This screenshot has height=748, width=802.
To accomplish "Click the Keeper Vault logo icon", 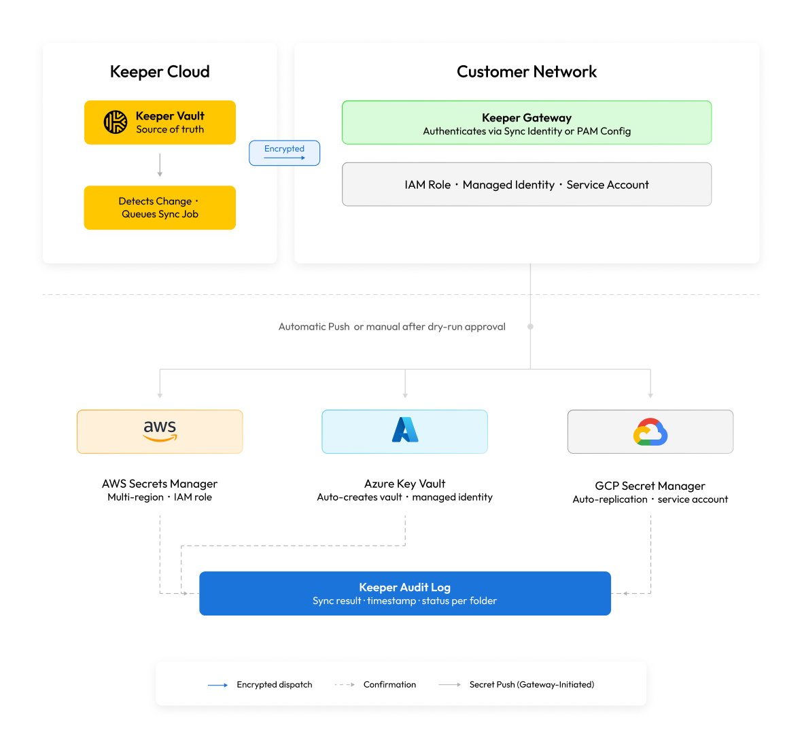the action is tap(116, 122).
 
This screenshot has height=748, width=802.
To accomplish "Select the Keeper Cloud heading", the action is tap(160, 71).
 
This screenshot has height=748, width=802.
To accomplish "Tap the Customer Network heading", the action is tap(527, 71).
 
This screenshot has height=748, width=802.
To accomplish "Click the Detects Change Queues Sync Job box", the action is tap(160, 208).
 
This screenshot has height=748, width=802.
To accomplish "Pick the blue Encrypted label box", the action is tap(284, 153).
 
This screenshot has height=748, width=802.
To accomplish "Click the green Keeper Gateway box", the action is tap(527, 123).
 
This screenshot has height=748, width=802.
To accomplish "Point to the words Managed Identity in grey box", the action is tap(508, 185).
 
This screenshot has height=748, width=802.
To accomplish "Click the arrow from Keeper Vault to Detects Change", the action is tap(160, 164).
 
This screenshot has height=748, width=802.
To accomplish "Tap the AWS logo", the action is tap(160, 431).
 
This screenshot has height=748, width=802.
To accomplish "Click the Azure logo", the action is tap(405, 429).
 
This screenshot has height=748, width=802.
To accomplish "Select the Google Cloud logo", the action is tap(650, 432).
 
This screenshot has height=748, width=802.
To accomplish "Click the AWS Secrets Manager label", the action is tap(160, 484).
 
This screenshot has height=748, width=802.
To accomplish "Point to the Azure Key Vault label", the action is tap(404, 484).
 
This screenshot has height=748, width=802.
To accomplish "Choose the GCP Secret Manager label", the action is tap(650, 486).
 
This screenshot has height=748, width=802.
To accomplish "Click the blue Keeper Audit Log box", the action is tap(405, 593).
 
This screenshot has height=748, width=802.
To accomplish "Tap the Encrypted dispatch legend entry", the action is tap(260, 685).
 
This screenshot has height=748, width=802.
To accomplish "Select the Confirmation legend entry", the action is tap(375, 685).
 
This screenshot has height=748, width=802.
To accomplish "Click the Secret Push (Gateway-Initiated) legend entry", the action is tap(517, 685).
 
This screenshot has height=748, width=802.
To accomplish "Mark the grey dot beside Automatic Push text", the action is tap(530, 327).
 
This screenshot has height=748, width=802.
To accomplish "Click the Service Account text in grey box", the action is tap(608, 185).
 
